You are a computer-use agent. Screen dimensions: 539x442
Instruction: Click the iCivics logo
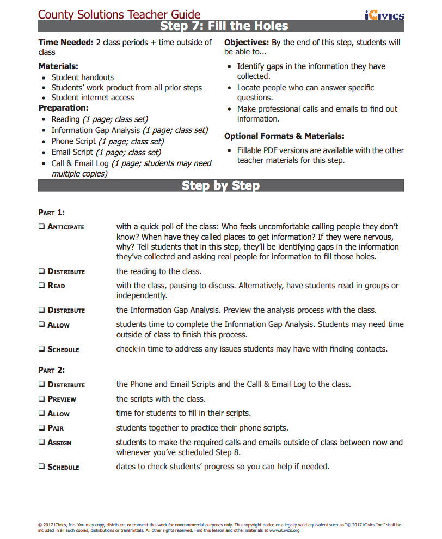pos(384,15)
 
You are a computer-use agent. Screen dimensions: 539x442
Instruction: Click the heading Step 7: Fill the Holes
pos(224,26)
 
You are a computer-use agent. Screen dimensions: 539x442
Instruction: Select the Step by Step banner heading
pos(220,185)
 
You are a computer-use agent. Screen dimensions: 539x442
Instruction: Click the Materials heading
pos(58,66)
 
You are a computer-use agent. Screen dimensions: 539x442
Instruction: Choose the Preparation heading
pos(63,108)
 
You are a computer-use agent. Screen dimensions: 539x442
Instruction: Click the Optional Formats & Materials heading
pos(284,136)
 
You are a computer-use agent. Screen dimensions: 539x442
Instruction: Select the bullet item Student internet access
pos(93,98)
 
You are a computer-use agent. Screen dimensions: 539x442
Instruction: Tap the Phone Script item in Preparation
pos(73,141)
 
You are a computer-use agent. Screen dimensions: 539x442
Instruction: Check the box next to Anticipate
pos(42,226)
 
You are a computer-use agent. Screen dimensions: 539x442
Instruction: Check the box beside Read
pos(42,286)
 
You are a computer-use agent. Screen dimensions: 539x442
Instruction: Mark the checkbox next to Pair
pos(42,428)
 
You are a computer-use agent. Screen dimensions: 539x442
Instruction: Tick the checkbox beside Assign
pos(42,443)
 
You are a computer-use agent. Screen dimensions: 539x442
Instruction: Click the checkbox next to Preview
pos(42,399)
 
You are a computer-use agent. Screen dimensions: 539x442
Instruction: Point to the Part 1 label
pos(52,213)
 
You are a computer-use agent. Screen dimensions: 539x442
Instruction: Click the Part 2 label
pos(52,370)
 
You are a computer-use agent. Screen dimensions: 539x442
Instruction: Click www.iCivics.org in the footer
pos(285,530)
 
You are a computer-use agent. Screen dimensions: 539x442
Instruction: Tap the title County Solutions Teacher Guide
pos(119,15)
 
